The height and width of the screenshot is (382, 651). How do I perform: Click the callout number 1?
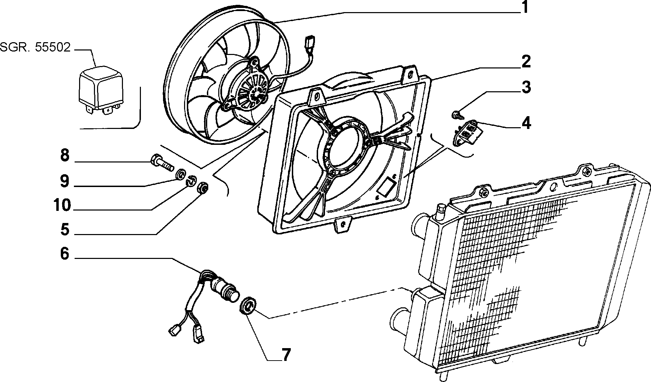pyautogui.click(x=524, y=8)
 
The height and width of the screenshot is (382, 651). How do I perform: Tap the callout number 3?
pyautogui.click(x=526, y=87)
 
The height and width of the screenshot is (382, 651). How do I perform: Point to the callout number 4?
pyautogui.click(x=526, y=123)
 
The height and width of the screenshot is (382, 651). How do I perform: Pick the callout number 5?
pyautogui.click(x=65, y=230)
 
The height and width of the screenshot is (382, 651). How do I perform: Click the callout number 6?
pyautogui.click(x=65, y=254)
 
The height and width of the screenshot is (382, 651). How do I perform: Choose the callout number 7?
pyautogui.click(x=285, y=355)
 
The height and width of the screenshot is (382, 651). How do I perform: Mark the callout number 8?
pyautogui.click(x=65, y=156)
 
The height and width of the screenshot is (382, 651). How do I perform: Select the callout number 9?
pyautogui.click(x=65, y=181)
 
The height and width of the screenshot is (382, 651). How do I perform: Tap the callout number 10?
pyautogui.click(x=62, y=205)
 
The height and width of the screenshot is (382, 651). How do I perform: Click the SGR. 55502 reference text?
pyautogui.click(x=35, y=47)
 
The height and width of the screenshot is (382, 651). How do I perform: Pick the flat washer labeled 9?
pyautogui.click(x=180, y=174)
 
